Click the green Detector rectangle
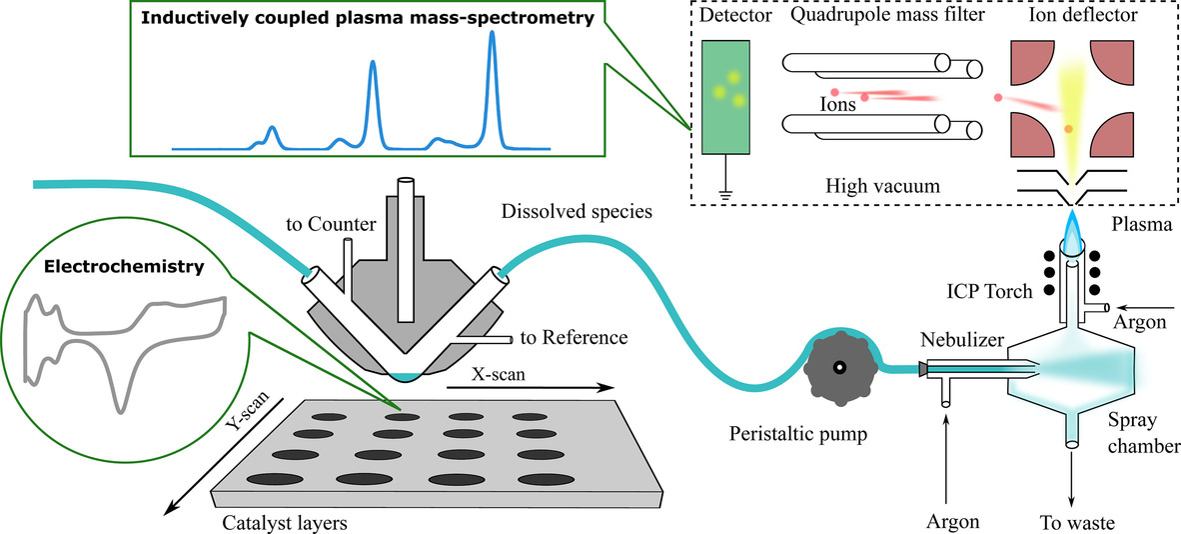point(727,96)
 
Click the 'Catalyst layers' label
point(274,521)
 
